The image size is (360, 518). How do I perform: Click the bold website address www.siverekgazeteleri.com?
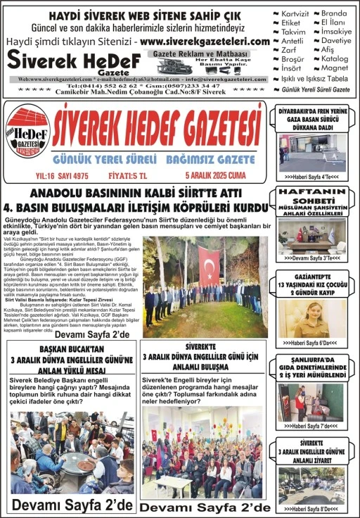205,42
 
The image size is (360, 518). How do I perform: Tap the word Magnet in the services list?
335,68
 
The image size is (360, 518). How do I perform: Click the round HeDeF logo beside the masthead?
27,130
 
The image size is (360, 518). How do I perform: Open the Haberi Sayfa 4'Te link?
310,177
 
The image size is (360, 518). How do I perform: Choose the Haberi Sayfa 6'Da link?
310,343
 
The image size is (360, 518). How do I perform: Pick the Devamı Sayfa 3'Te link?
310,258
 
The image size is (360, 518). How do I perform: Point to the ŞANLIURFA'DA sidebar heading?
311,360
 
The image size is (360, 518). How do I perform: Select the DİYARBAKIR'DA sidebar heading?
311,111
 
